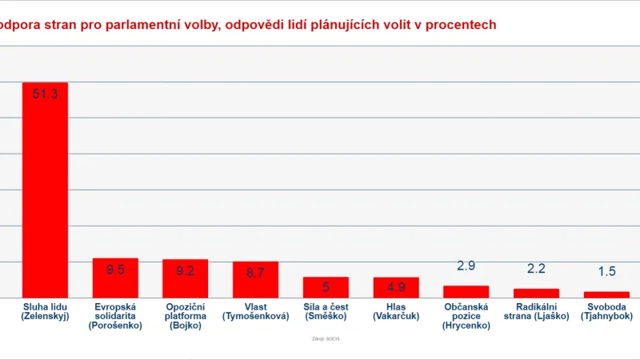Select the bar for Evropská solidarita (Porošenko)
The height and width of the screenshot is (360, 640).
[115, 278]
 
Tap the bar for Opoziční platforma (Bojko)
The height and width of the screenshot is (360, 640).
[186, 278]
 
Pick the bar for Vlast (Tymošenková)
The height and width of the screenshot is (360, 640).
[256, 279]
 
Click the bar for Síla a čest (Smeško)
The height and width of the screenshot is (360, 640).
[326, 287]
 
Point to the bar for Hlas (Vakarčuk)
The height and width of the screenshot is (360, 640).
[396, 287]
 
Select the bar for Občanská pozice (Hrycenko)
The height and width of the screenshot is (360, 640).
[466, 291]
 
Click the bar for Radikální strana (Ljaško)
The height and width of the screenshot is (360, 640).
[536, 293]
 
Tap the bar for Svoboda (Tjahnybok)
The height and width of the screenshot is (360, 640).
[606, 294]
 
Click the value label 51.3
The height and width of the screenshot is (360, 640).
[45, 94]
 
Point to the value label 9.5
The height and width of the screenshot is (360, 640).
[115, 270]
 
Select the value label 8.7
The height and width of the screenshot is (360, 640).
[256, 273]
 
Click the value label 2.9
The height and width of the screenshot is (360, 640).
[466, 266]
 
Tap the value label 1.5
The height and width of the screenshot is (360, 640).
[606, 271]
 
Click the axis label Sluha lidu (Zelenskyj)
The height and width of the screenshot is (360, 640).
[45, 311]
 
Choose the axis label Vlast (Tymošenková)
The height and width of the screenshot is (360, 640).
[256, 311]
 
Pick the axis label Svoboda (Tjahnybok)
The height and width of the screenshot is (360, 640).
[606, 311]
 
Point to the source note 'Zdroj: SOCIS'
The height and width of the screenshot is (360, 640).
[326, 339]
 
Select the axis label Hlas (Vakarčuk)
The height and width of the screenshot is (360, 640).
[396, 311]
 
